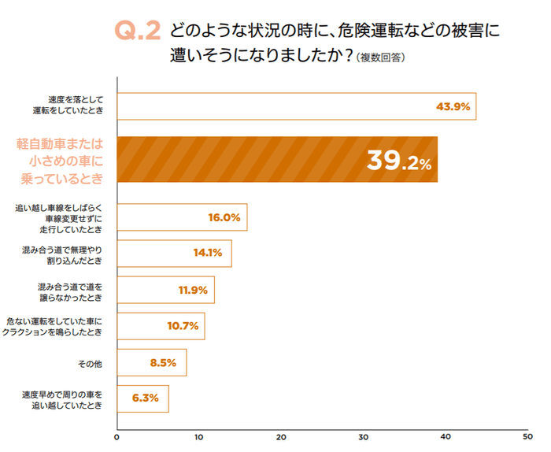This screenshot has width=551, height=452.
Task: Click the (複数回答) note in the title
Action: pyautogui.click(x=380, y=57)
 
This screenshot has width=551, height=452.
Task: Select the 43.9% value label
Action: pyautogui.click(x=453, y=106)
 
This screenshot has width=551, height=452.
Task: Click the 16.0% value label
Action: pyautogui.click(x=224, y=217)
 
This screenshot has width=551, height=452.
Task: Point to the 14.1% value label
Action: pyautogui.click(x=208, y=254)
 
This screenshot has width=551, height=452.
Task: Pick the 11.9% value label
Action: pyautogui.click(x=192, y=290)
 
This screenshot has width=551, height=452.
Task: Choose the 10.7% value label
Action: pyautogui.click(x=182, y=326)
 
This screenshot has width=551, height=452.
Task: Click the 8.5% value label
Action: pyautogui.click(x=164, y=363)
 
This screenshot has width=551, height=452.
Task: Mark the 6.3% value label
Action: pyautogui.click(x=146, y=398)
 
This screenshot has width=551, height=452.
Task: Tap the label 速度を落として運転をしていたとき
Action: pyautogui.click(x=75, y=106)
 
